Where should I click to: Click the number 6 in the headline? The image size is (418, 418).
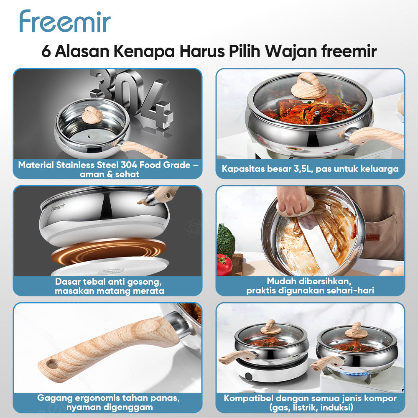coord(46,51)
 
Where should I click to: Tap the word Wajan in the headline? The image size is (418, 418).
coord(292,51)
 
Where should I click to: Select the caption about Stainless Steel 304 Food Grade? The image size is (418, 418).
coord(108,169)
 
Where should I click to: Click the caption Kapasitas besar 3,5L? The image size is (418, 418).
coord(310,169)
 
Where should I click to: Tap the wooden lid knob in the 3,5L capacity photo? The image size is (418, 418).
coord(309,85)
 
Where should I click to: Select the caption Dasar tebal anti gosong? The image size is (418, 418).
coord(108,286)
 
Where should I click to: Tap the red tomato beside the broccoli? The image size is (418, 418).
coord(224,265)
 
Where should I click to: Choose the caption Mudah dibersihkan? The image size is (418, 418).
coord(310,286)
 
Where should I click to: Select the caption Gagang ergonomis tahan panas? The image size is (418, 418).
coord(108,402)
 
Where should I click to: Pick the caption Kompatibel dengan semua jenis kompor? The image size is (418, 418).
coord(310,402)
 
